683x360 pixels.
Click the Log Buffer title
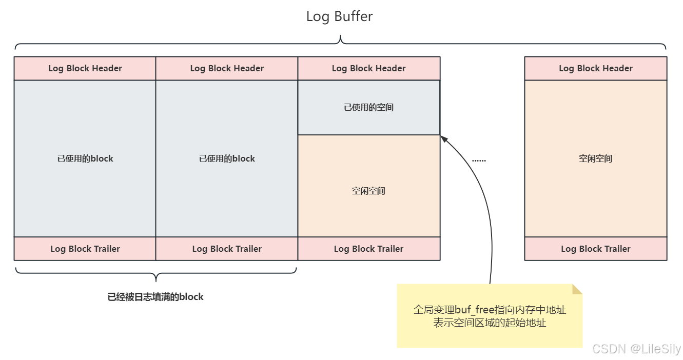click(x=339, y=16)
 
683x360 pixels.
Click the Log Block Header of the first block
click(x=85, y=68)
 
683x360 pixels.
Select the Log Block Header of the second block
click(x=227, y=68)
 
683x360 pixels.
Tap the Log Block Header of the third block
click(x=368, y=68)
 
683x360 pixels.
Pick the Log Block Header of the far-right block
click(x=595, y=68)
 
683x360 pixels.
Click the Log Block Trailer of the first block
click(x=85, y=249)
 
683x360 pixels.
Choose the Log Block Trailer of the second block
click(x=227, y=249)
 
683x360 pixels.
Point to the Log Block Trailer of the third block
click(x=368, y=249)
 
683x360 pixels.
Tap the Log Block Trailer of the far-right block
click(x=595, y=249)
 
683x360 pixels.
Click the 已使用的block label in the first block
click(x=85, y=158)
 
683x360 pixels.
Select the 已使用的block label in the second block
click(x=227, y=158)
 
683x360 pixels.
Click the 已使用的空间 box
click(x=368, y=108)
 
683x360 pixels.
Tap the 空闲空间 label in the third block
click(x=368, y=191)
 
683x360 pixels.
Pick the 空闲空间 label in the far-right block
click(x=595, y=158)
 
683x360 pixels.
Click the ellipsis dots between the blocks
click(x=479, y=160)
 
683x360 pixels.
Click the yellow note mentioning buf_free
click(x=490, y=316)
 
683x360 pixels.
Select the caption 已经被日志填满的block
click(x=155, y=297)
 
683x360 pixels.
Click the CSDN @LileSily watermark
click(x=636, y=349)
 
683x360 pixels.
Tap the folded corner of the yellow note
click(x=578, y=289)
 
